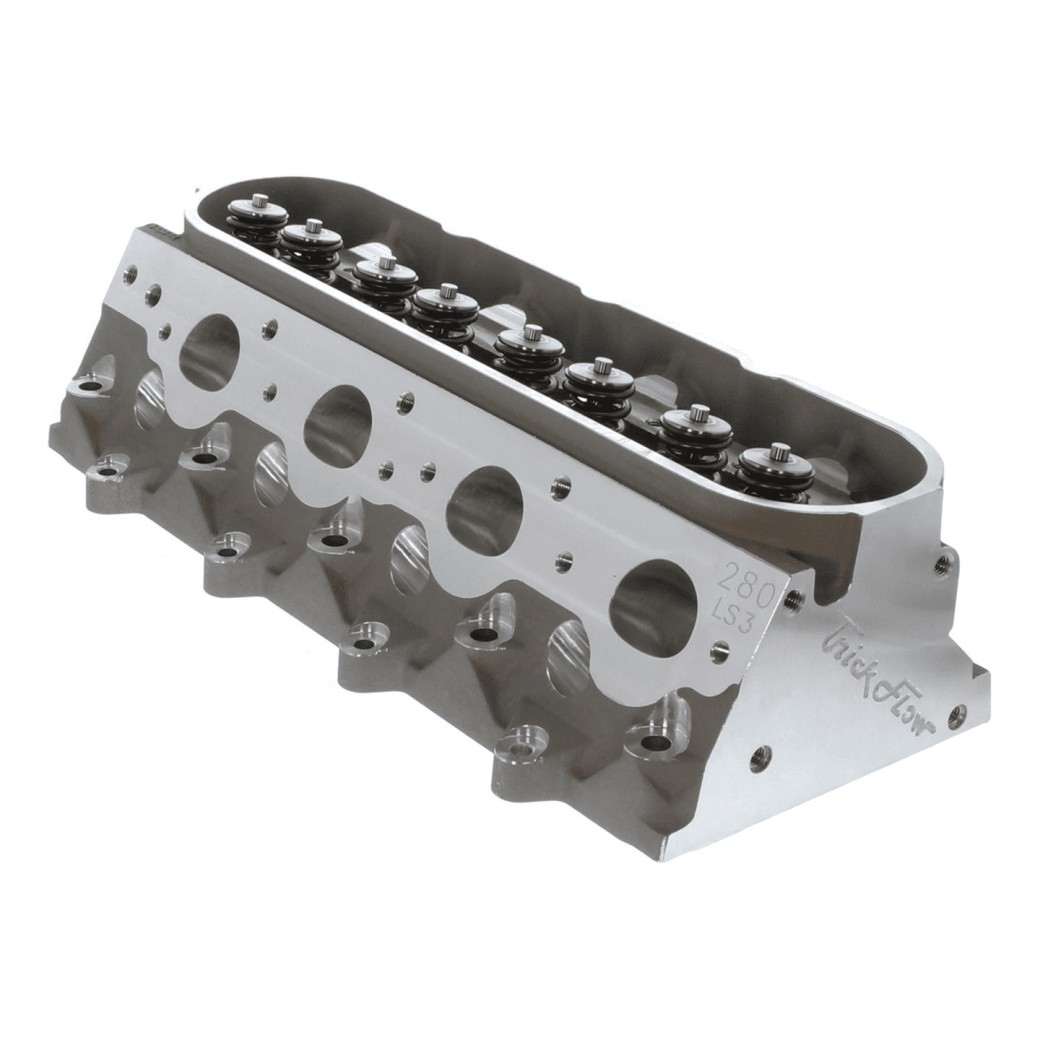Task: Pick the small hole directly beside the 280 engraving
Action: (x=790, y=596)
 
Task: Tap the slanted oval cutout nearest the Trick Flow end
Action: (x=571, y=653)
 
